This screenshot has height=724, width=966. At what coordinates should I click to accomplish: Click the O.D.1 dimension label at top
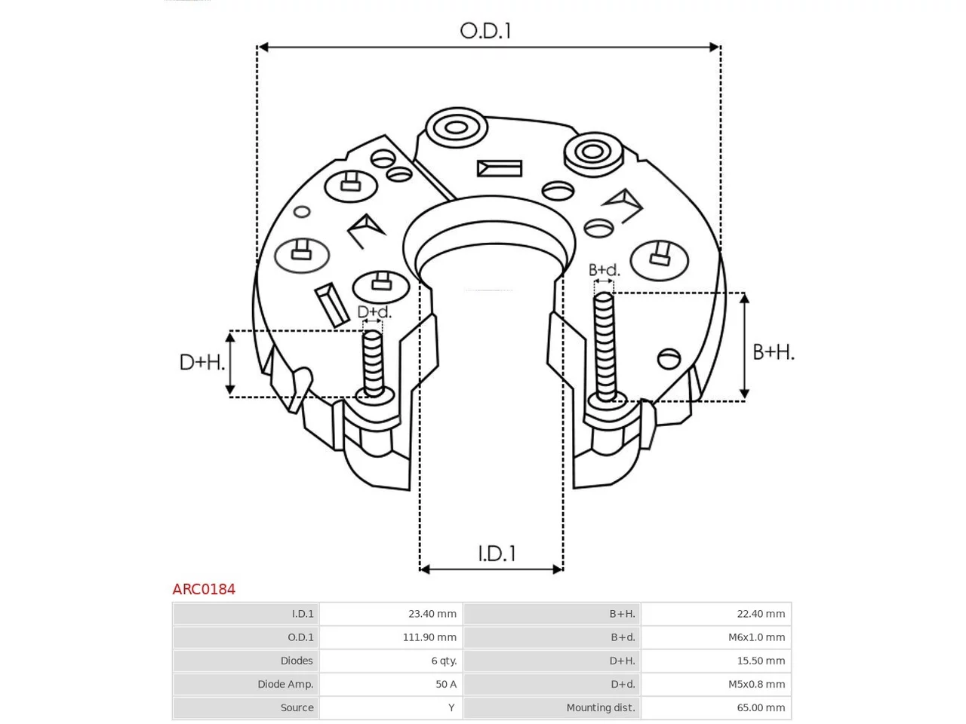pos(485,31)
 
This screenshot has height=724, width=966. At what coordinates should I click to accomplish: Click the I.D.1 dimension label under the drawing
pos(497,554)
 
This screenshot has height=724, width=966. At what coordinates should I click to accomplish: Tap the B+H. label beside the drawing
pos(774,352)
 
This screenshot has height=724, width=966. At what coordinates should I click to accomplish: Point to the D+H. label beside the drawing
pos(202,362)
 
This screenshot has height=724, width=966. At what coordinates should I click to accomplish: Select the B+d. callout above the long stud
pos(604,270)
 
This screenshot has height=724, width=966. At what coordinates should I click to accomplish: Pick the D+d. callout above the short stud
pos(374,312)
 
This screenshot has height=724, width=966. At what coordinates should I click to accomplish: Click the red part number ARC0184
pos(204,589)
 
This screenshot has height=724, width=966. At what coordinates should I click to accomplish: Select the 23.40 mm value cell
pos(432,614)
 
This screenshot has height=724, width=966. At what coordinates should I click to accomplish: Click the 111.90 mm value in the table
pos(429,637)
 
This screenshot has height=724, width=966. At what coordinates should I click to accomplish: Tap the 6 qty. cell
pos(444,661)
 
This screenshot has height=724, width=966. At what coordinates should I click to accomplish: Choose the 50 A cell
pos(446,684)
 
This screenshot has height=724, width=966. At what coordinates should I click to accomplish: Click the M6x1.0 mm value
pos(756,637)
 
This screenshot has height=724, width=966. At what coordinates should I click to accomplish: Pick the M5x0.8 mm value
pos(756,684)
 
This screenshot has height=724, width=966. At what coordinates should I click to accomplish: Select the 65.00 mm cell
pos(761,707)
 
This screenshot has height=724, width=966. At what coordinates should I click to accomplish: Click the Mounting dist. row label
pos(601,707)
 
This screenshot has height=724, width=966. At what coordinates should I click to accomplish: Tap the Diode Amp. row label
pos(285,685)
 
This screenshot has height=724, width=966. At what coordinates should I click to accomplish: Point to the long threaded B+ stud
pos(605,347)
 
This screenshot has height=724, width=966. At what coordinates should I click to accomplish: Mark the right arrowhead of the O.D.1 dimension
pos(714,47)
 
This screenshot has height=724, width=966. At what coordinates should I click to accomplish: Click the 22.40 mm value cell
pos(761,614)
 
